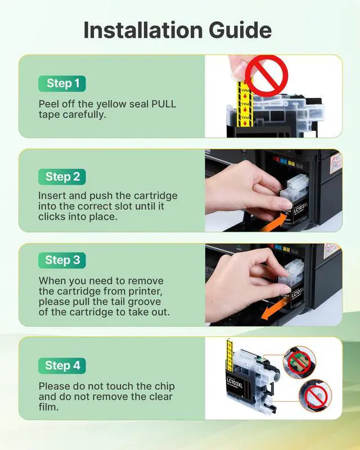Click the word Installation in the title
143,30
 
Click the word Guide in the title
240,30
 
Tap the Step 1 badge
62,83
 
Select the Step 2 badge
62,177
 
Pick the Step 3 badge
62,260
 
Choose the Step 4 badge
62,366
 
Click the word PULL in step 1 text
164,104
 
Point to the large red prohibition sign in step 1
267,76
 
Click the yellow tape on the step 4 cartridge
229,356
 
